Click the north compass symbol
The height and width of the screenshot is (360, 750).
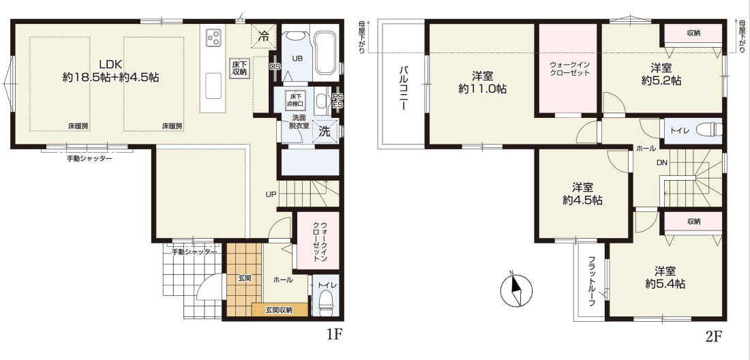516,289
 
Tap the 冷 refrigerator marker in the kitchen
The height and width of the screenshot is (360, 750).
264,35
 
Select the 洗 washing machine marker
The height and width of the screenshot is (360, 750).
325,131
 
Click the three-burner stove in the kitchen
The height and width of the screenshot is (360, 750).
213,36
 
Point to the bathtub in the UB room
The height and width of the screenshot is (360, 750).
326,50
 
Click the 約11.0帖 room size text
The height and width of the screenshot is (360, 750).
482,89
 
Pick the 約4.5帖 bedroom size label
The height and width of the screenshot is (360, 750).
582,200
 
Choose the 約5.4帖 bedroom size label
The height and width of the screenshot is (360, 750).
665,284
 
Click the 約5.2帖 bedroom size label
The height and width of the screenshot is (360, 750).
661,80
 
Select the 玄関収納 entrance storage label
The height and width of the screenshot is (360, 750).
279,310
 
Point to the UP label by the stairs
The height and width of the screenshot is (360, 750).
270,194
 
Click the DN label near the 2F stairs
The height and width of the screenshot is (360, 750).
661,162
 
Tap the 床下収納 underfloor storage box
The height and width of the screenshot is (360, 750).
239,68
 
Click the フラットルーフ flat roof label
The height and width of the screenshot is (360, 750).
591,282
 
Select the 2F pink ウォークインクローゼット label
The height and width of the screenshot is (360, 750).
569,69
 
